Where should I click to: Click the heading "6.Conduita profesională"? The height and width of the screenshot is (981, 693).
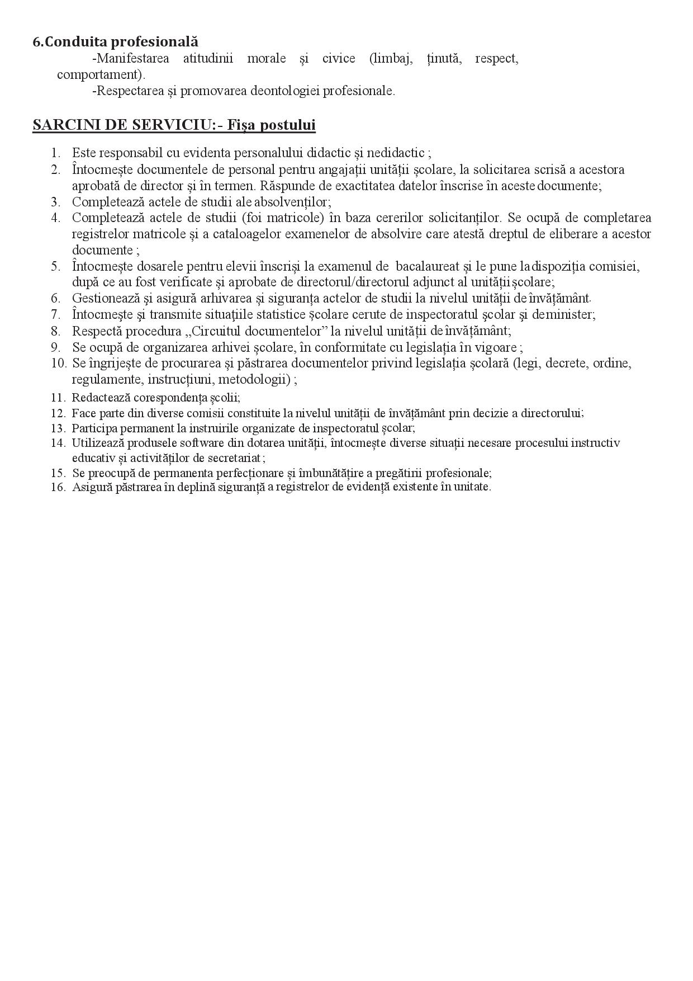[x=116, y=42]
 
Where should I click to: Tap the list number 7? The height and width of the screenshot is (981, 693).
[x=55, y=314]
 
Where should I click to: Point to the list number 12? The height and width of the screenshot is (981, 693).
[x=58, y=413]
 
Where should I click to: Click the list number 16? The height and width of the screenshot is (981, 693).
[x=58, y=487]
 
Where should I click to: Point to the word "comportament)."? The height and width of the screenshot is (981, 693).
[x=101, y=74]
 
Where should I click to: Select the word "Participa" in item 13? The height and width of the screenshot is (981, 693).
[x=92, y=428]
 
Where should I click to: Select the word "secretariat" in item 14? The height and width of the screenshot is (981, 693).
[x=232, y=458]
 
